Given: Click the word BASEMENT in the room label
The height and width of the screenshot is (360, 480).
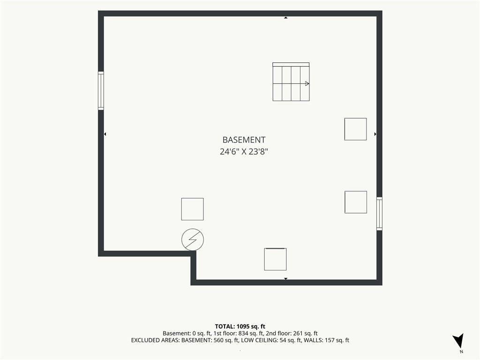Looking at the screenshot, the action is [x=244, y=140].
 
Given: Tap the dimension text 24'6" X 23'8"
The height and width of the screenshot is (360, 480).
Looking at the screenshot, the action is [x=244, y=151].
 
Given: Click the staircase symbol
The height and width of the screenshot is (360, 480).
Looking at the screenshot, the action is [x=291, y=82].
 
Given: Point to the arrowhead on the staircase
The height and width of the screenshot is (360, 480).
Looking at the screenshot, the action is [x=307, y=83].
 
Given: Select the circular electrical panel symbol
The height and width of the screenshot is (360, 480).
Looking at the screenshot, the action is [x=193, y=240].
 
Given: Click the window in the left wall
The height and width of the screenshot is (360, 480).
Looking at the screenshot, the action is [x=101, y=90].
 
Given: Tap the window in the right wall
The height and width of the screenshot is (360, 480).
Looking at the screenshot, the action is [x=379, y=213].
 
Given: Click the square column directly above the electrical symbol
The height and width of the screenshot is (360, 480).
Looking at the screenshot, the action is [x=192, y=209].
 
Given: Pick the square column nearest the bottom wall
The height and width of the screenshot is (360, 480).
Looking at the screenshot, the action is [x=275, y=259].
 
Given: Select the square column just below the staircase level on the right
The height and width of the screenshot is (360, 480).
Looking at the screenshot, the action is [x=355, y=129].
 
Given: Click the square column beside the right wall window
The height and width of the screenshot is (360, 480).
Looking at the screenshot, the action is [x=356, y=202].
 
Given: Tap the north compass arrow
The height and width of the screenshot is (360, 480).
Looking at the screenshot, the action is [x=459, y=340].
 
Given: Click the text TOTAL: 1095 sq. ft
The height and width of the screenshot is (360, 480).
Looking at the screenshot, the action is [x=240, y=326].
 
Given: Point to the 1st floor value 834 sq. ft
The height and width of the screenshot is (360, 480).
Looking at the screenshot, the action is [x=251, y=333].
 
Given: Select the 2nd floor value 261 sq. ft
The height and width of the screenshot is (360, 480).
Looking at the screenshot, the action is [x=305, y=333].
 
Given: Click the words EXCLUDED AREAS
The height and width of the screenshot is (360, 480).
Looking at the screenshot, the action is [x=155, y=340].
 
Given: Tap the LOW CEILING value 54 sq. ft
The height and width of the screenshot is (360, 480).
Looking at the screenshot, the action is [x=291, y=340].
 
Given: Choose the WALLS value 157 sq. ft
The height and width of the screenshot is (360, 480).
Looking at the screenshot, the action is [x=337, y=340].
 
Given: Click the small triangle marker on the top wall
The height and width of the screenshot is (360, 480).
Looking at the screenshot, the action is [x=285, y=18].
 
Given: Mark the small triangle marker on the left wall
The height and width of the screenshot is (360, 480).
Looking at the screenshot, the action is [x=105, y=134].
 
